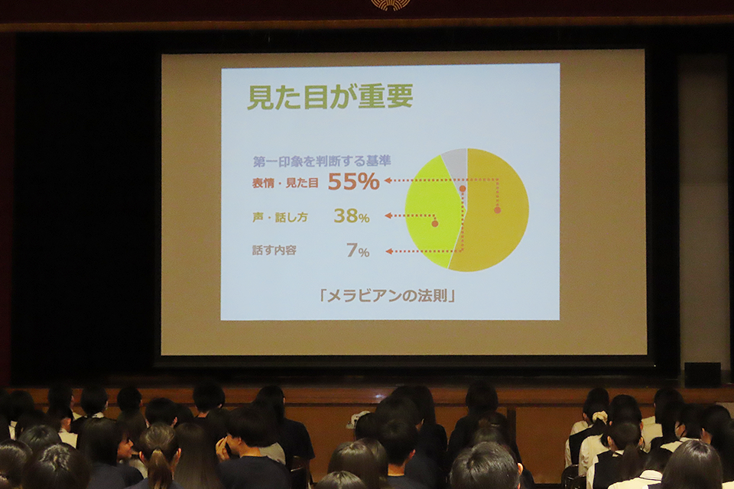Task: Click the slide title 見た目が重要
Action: [330, 97]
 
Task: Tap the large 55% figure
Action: [353, 182]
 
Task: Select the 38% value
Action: [352, 215]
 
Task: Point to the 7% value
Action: [358, 251]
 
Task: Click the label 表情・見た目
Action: [285, 183]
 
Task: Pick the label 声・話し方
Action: [280, 218]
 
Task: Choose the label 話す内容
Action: [274, 251]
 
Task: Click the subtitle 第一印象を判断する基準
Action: [322, 161]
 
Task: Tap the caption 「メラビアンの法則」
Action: [388, 296]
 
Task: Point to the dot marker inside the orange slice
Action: [498, 210]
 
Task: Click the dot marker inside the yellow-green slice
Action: [435, 224]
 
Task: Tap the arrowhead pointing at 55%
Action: [388, 180]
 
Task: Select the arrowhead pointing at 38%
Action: [388, 215]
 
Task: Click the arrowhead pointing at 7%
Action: [388, 251]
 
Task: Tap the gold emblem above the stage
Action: [391, 5]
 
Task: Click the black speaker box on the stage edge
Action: [703, 374]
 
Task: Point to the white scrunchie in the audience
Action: [599, 416]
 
